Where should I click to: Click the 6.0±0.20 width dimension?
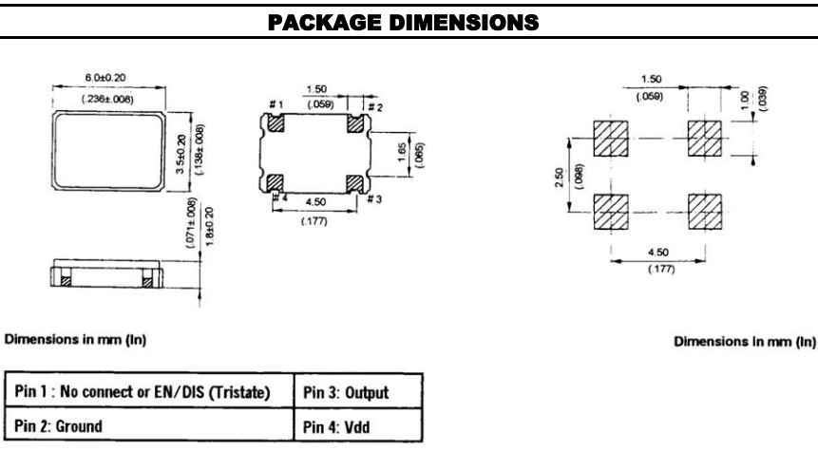[x=107, y=83]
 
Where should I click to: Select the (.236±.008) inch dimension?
[x=107, y=97]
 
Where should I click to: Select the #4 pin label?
[x=280, y=197]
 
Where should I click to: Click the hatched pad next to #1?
[x=276, y=121]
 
